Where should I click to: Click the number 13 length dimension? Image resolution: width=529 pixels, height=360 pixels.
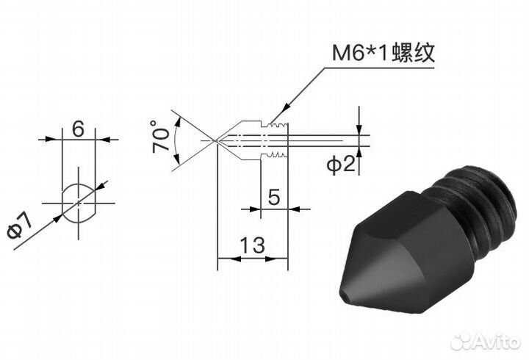click(x=252, y=245)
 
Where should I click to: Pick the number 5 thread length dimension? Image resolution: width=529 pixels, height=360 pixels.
click(x=274, y=196)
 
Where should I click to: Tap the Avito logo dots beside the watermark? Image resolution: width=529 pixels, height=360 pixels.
click(x=461, y=340)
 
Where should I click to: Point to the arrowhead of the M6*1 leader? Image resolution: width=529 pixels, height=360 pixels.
click(x=272, y=122)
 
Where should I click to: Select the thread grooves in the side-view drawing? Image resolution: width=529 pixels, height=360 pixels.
click(x=275, y=140)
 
